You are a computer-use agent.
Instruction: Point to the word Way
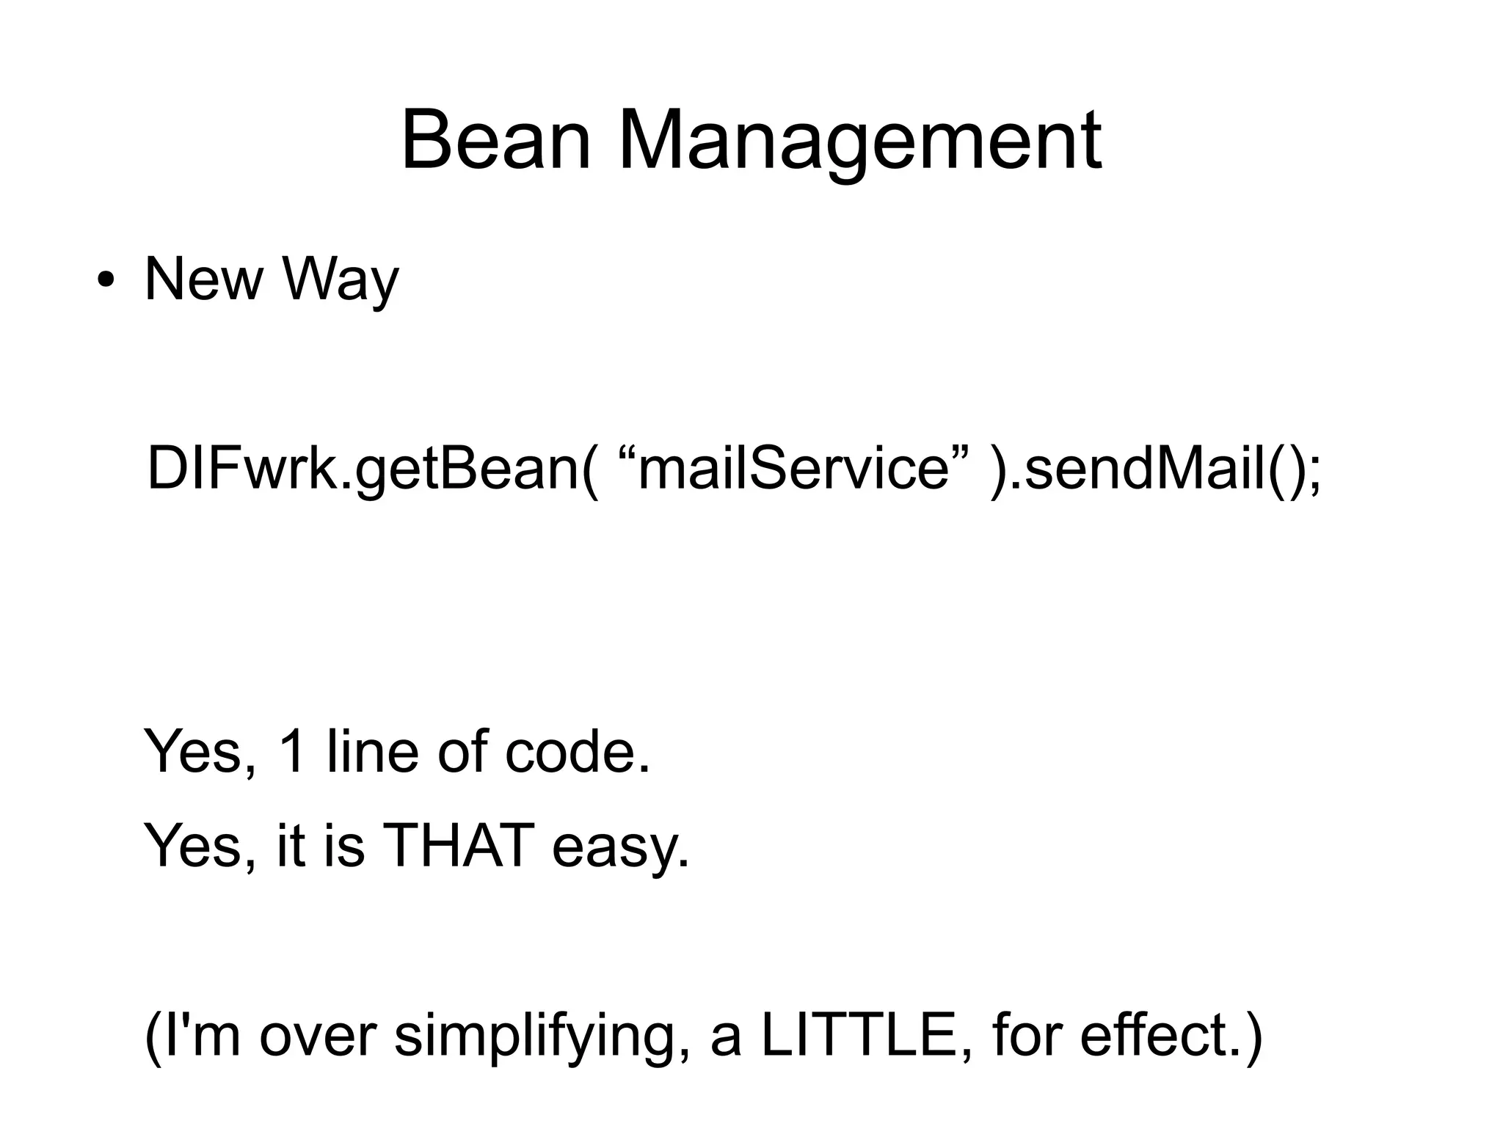pyautogui.click(x=340, y=281)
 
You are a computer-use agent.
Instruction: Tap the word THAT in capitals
pyautogui.click(x=458, y=845)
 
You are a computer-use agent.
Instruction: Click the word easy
pyautogui.click(x=621, y=848)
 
